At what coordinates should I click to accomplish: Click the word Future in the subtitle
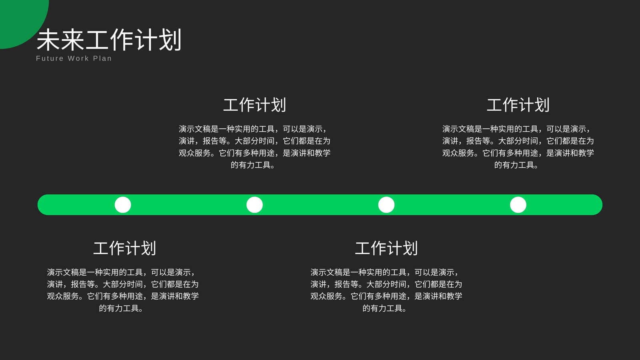tap(50, 58)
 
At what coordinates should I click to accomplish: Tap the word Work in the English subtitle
tap(78, 58)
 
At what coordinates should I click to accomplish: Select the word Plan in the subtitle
tap(102, 58)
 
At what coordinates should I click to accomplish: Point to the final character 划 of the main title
tap(170, 40)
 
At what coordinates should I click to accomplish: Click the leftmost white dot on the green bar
tap(123, 205)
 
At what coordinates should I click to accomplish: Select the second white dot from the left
tap(254, 205)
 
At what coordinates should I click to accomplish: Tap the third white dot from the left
tap(386, 205)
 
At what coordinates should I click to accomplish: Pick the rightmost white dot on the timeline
tap(518, 205)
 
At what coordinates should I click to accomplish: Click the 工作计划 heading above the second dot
tap(254, 105)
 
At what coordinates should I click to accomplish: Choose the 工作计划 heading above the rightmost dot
tap(518, 105)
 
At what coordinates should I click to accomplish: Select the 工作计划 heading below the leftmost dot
tap(124, 248)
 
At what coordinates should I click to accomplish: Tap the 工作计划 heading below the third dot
tap(386, 248)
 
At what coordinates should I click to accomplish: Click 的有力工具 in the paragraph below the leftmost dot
tap(119, 308)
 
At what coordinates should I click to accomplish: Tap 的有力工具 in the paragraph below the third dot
tap(382, 308)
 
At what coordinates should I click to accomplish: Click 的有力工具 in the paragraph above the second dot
tap(251, 165)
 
